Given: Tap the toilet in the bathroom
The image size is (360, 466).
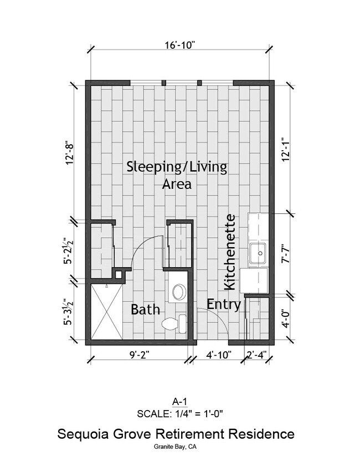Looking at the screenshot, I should coord(173,322).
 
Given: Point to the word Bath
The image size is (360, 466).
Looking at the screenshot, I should coord(145,310).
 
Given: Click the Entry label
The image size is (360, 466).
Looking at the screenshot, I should coord(224,304).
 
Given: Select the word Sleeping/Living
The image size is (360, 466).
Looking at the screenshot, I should coord(177,167).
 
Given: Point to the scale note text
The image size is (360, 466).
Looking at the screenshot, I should coord(180,413).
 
